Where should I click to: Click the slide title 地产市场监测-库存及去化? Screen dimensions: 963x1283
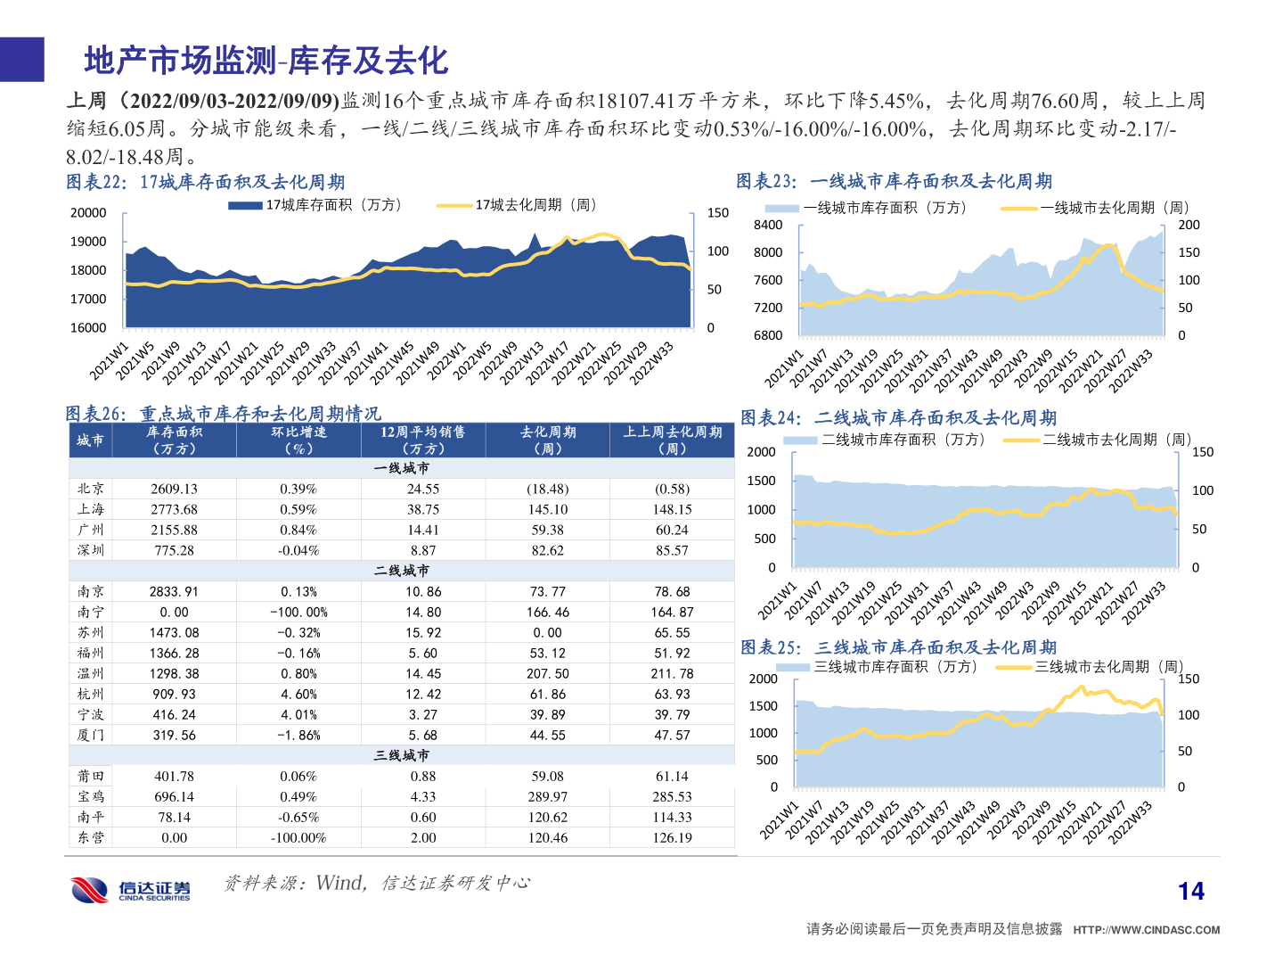tap(266, 61)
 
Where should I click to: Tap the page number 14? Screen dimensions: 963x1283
tap(1190, 891)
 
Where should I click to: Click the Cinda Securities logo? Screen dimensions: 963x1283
tap(130, 889)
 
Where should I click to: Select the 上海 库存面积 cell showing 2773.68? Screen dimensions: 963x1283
tap(174, 509)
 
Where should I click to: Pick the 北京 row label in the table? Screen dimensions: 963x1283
tap(90, 489)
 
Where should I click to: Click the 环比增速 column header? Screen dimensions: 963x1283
tap(298, 440)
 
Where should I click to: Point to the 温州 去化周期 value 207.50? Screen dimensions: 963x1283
tap(547, 673)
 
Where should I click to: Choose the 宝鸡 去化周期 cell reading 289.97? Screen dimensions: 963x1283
tap(547, 796)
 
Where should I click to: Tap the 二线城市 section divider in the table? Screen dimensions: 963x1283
tap(401, 570)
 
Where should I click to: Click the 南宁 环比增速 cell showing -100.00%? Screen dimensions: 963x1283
tap(298, 612)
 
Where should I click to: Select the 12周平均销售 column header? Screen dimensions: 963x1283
tap(422, 440)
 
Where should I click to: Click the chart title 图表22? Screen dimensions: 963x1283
tap(205, 182)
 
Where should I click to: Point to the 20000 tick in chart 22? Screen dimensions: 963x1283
tap(88, 212)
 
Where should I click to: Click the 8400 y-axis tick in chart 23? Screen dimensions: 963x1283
tap(767, 225)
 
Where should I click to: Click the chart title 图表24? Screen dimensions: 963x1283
tap(898, 417)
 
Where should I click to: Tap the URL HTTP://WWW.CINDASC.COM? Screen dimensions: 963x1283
tap(1146, 929)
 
